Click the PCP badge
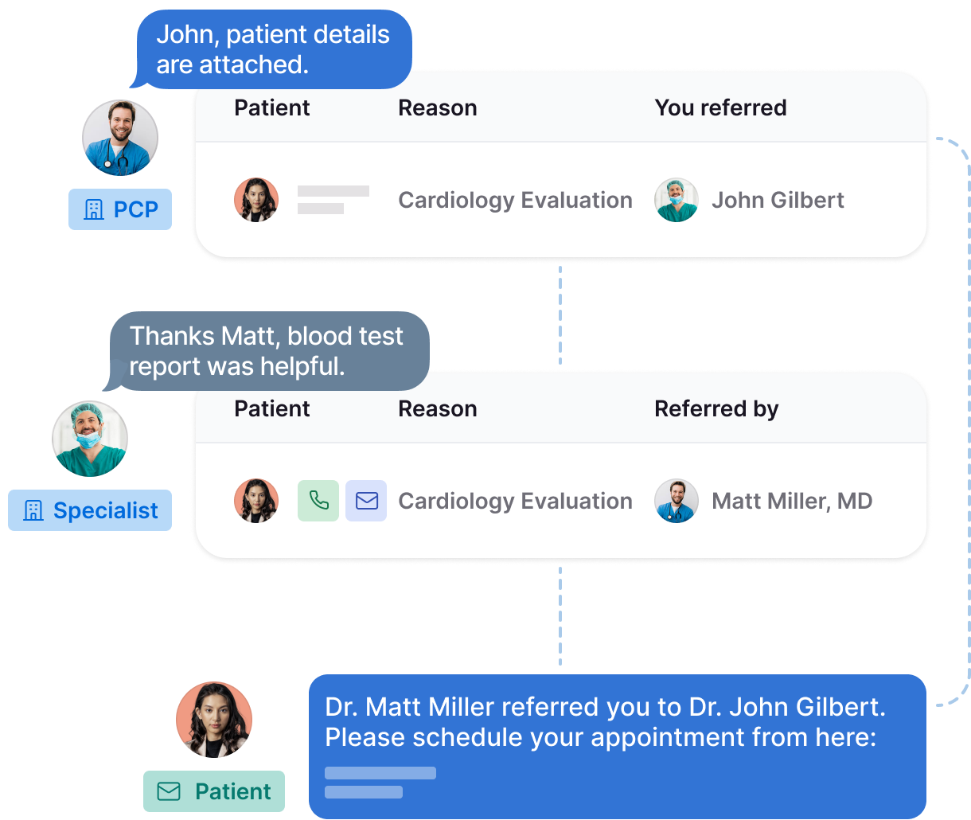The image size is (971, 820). tap(120, 209)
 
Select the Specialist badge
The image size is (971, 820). tap(90, 510)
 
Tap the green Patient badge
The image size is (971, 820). tap(213, 791)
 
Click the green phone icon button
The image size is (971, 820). tap(318, 501)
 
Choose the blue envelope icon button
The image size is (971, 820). tap(366, 501)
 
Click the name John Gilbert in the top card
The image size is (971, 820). tap(778, 200)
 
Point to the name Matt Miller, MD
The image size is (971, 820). tap(791, 501)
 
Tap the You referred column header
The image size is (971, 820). tap(720, 107)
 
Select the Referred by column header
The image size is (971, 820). tap(716, 408)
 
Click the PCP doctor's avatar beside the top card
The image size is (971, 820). tap(120, 138)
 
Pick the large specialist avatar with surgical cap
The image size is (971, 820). tap(90, 439)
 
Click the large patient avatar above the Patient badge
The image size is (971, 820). tap(214, 720)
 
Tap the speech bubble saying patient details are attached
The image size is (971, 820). tap(273, 49)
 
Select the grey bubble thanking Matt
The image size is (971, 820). tap(267, 351)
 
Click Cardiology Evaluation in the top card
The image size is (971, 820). tap(515, 200)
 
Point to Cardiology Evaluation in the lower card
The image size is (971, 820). tap(515, 501)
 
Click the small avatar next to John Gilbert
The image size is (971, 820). tap(677, 200)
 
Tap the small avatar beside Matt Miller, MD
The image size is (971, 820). tap(677, 501)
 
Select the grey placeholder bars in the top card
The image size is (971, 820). tap(333, 200)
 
